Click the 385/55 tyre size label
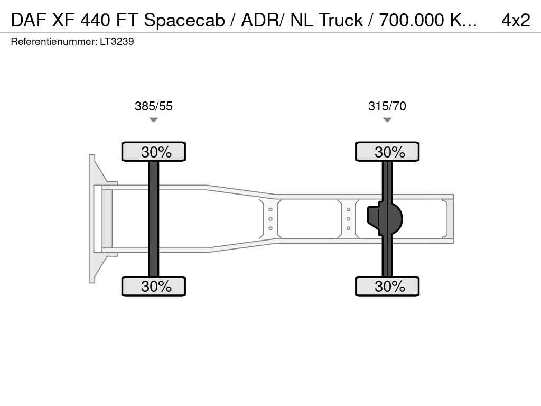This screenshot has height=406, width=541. coord(154,106)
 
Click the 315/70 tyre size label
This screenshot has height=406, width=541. coord(387,106)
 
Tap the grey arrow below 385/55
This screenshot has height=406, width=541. coord(154,120)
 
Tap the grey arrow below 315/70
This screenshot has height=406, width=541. coord(387,120)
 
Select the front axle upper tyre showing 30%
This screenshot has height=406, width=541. coord(154,152)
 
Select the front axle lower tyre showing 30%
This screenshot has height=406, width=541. coord(154,286)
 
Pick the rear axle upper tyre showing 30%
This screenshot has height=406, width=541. coord(387,152)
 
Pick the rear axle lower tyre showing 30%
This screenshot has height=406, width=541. coord(387,286)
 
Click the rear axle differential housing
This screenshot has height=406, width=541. coord(385,219)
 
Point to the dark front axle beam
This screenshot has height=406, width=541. coord(154,219)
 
